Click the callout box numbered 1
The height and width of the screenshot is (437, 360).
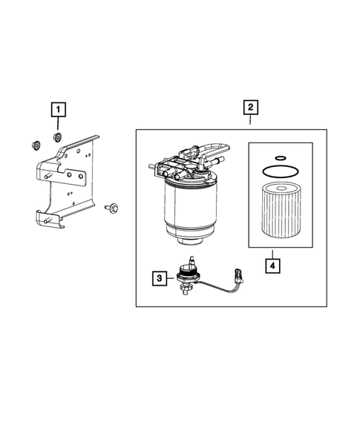(58, 110)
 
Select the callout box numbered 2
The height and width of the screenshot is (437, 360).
(251, 108)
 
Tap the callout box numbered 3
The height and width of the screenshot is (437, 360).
(160, 278)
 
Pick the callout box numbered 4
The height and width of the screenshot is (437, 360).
(272, 266)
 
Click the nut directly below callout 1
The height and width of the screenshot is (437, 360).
(57, 137)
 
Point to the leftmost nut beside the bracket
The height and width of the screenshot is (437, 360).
(36, 145)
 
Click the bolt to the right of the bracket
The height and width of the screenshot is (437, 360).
(111, 208)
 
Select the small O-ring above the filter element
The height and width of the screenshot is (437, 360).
(281, 158)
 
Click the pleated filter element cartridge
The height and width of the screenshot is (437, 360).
(281, 210)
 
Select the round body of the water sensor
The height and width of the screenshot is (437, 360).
(186, 275)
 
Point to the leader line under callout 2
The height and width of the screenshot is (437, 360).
(250, 121)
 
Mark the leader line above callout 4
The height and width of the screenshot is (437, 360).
(272, 254)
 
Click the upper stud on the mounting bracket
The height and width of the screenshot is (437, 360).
(48, 176)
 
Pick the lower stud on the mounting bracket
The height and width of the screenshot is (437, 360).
(48, 220)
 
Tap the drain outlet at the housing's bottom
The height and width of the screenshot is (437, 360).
(191, 240)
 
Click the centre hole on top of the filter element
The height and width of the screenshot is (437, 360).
(281, 188)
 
